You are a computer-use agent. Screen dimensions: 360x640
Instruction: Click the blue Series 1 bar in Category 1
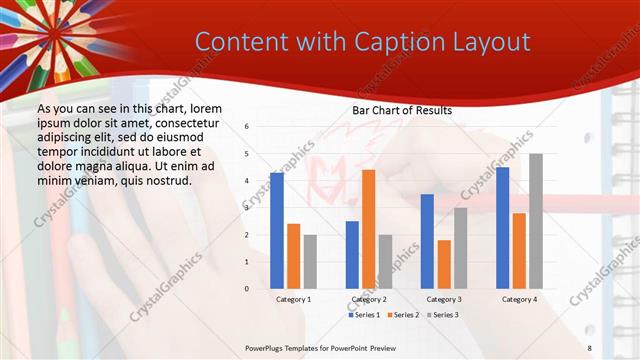click(276, 231)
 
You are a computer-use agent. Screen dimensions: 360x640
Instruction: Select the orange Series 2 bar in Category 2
click(368, 229)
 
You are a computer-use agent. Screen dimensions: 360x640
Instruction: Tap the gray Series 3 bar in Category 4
click(536, 221)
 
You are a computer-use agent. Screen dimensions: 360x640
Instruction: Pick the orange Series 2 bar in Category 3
click(444, 264)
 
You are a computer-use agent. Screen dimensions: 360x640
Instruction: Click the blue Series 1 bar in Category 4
click(502, 228)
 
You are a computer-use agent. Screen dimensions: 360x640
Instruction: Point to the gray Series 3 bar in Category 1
click(310, 262)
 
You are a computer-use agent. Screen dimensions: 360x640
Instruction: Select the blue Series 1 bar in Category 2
click(352, 255)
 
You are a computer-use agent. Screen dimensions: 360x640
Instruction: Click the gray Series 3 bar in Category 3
click(461, 248)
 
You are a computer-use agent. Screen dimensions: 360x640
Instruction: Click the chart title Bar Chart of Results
click(402, 110)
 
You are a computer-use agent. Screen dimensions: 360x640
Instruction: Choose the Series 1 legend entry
click(364, 315)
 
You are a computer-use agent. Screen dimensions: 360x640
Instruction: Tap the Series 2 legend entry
click(403, 315)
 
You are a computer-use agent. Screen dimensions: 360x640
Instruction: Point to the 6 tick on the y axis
click(247, 127)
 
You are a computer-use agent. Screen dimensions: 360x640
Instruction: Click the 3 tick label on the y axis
click(247, 208)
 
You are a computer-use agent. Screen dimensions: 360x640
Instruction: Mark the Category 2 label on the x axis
click(368, 299)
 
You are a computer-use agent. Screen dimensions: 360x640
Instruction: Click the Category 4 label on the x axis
click(519, 299)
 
